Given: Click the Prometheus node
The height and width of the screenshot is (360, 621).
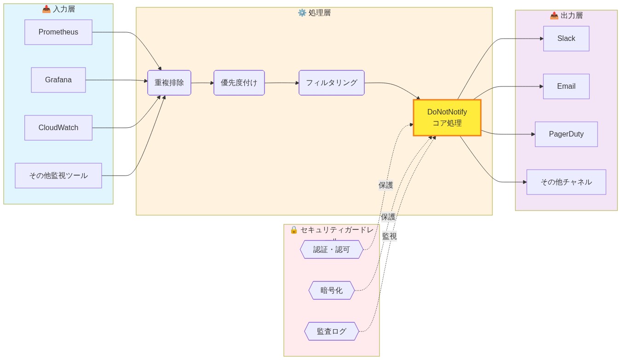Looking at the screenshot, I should click(x=58, y=32).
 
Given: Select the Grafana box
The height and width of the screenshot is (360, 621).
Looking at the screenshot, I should click(x=58, y=80).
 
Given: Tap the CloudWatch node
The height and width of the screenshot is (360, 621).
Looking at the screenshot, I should click(x=58, y=128).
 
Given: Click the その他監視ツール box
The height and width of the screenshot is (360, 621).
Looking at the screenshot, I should click(x=58, y=176).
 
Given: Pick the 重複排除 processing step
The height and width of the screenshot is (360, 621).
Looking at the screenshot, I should click(x=169, y=83).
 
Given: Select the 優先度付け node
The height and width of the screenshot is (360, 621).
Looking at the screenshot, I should click(x=239, y=83).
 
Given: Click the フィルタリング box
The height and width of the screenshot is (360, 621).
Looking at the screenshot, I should click(x=332, y=83).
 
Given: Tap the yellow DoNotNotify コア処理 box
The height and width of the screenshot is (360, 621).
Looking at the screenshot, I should click(x=447, y=118).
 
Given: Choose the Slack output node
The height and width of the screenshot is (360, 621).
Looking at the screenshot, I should click(x=566, y=39).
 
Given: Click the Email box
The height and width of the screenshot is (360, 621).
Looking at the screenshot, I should click(x=566, y=86).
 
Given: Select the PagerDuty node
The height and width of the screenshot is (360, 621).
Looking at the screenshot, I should click(x=566, y=134).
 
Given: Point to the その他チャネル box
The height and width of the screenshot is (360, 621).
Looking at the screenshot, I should click(x=566, y=182).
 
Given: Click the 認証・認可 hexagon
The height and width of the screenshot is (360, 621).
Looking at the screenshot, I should click(x=332, y=250).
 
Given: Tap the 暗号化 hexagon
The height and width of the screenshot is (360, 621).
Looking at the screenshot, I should click(x=332, y=291).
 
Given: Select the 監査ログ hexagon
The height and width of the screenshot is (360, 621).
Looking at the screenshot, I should click(x=332, y=331).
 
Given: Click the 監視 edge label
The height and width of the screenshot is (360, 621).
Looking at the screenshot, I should click(x=389, y=236).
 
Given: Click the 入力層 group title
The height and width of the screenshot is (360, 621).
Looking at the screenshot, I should click(x=58, y=9).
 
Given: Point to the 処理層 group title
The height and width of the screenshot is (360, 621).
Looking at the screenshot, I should click(x=314, y=13).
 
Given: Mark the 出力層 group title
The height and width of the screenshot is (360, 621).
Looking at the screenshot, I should click(x=566, y=16).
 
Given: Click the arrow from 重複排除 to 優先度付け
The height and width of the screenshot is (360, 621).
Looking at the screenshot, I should click(x=202, y=83).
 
